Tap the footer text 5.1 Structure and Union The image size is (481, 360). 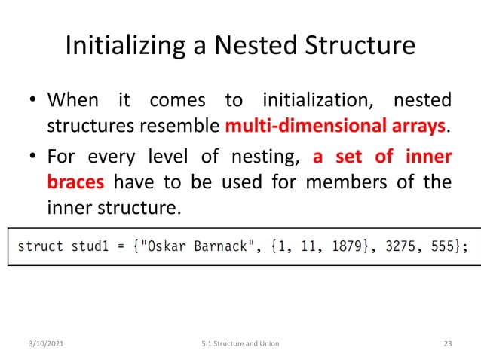240,344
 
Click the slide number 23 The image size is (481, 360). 447,344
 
